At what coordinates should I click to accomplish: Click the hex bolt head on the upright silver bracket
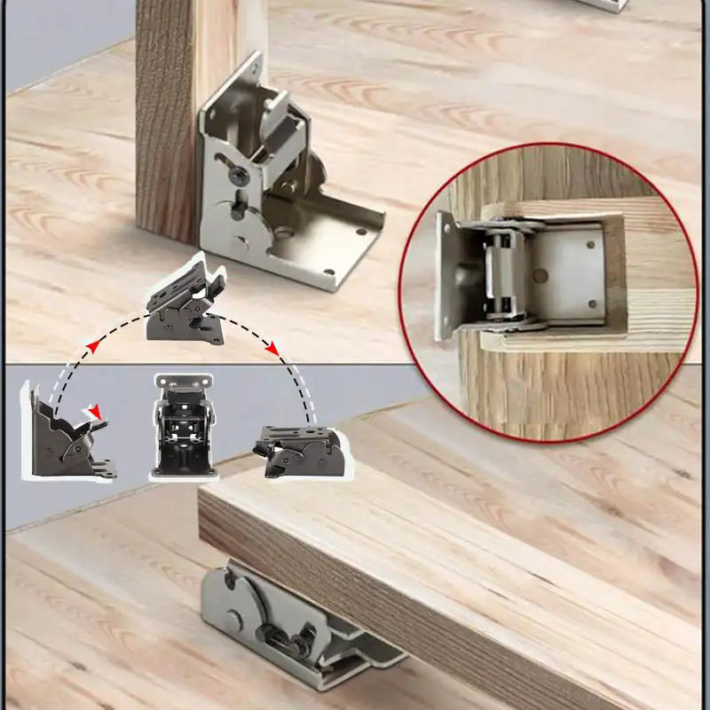coord(238,177)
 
